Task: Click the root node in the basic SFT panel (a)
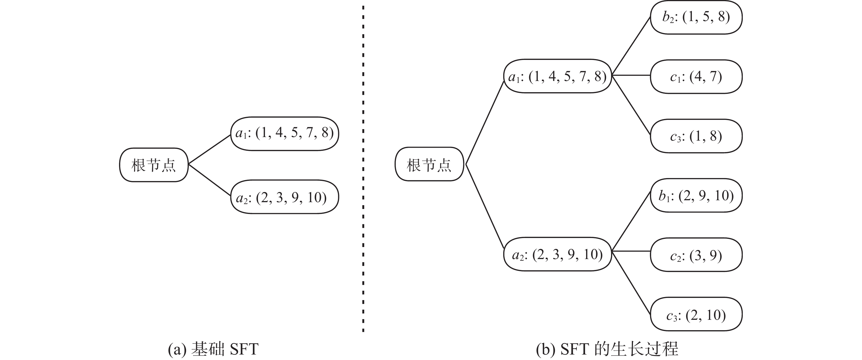point(154,165)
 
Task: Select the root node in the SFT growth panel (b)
point(429,164)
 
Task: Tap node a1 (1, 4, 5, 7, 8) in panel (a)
point(284,133)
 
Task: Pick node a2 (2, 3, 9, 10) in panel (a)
point(284,197)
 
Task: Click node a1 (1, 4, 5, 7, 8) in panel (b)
point(557,76)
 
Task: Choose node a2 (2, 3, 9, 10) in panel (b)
point(557,254)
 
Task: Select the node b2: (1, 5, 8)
point(696,17)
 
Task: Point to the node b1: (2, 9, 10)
point(696,195)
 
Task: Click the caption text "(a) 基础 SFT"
point(213,349)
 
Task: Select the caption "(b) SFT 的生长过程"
point(607,349)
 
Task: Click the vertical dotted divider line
point(363,167)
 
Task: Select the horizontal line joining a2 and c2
point(631,251)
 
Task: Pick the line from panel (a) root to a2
point(209,180)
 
